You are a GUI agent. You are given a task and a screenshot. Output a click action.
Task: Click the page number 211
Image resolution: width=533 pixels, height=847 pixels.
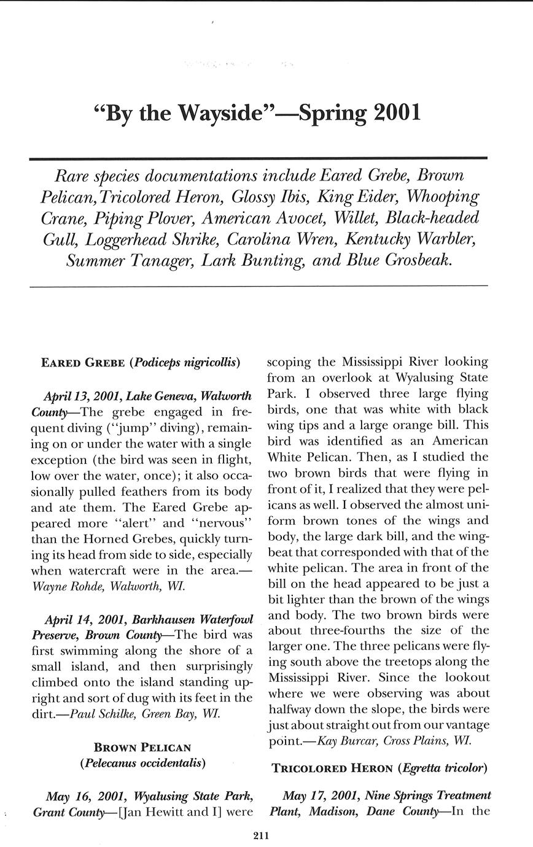tap(261, 835)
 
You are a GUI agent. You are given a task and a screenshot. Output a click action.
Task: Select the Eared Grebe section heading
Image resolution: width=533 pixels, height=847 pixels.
tap(83, 363)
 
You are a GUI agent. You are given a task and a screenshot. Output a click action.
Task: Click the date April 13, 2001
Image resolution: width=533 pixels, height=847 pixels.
tap(84, 395)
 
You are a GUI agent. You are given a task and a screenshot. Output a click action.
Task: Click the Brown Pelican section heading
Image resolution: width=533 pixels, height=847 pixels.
tap(142, 748)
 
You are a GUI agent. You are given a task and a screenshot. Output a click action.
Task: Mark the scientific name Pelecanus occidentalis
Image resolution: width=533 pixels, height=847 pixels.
tap(142, 764)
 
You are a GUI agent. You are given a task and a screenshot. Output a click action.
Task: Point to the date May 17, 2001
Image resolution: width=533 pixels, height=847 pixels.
tap(322, 796)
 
